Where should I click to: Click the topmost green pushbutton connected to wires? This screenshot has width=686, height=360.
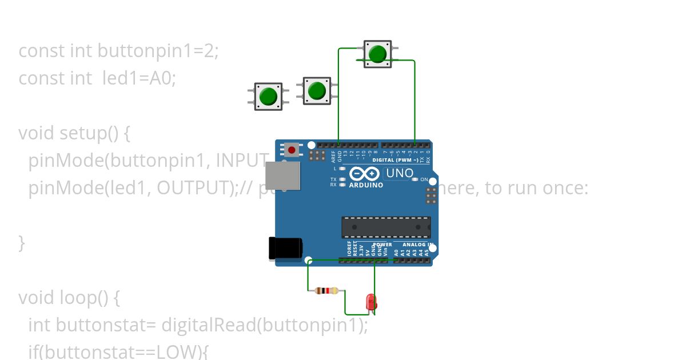tap(377, 54)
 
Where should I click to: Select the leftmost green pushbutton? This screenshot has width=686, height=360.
tap(268, 97)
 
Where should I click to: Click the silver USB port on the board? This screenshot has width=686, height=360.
tap(283, 175)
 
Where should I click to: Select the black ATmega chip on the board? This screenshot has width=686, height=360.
tap(386, 227)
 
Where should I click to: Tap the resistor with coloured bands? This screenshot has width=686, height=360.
tap(326, 291)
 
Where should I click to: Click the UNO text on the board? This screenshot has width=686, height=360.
tap(400, 173)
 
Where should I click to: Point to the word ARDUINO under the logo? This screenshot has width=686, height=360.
tap(366, 185)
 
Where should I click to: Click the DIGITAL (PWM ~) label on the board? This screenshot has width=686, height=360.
tap(395, 160)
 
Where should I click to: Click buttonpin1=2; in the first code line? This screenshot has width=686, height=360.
tap(158, 51)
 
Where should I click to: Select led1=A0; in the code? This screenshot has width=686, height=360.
tap(139, 78)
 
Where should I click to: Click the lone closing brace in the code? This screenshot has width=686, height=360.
tap(22, 243)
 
